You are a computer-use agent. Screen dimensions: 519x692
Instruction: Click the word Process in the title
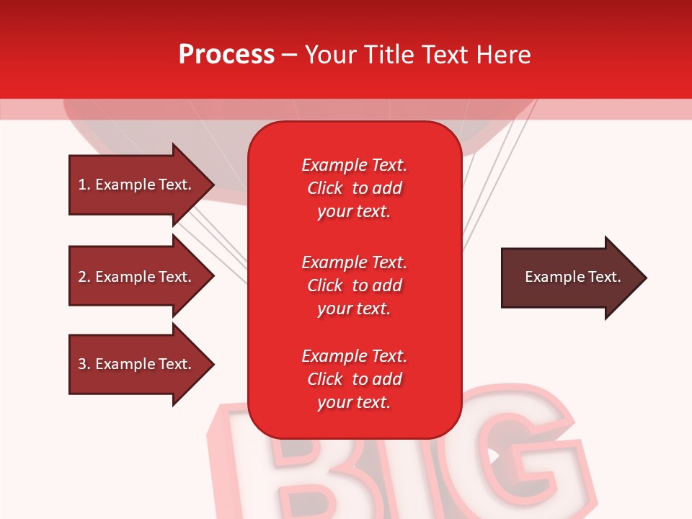click(x=226, y=55)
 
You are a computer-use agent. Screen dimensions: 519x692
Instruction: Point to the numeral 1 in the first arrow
click(x=82, y=185)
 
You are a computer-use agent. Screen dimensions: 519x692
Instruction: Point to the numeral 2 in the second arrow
click(x=82, y=277)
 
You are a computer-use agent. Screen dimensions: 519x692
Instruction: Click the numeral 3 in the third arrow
click(x=82, y=364)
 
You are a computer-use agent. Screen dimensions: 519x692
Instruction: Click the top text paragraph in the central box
click(x=354, y=188)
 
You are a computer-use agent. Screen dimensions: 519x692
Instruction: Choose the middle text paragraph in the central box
click(x=354, y=285)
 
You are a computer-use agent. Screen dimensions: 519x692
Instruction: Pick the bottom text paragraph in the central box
click(x=354, y=379)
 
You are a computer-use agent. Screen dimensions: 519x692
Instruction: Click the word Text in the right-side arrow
click(x=605, y=277)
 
